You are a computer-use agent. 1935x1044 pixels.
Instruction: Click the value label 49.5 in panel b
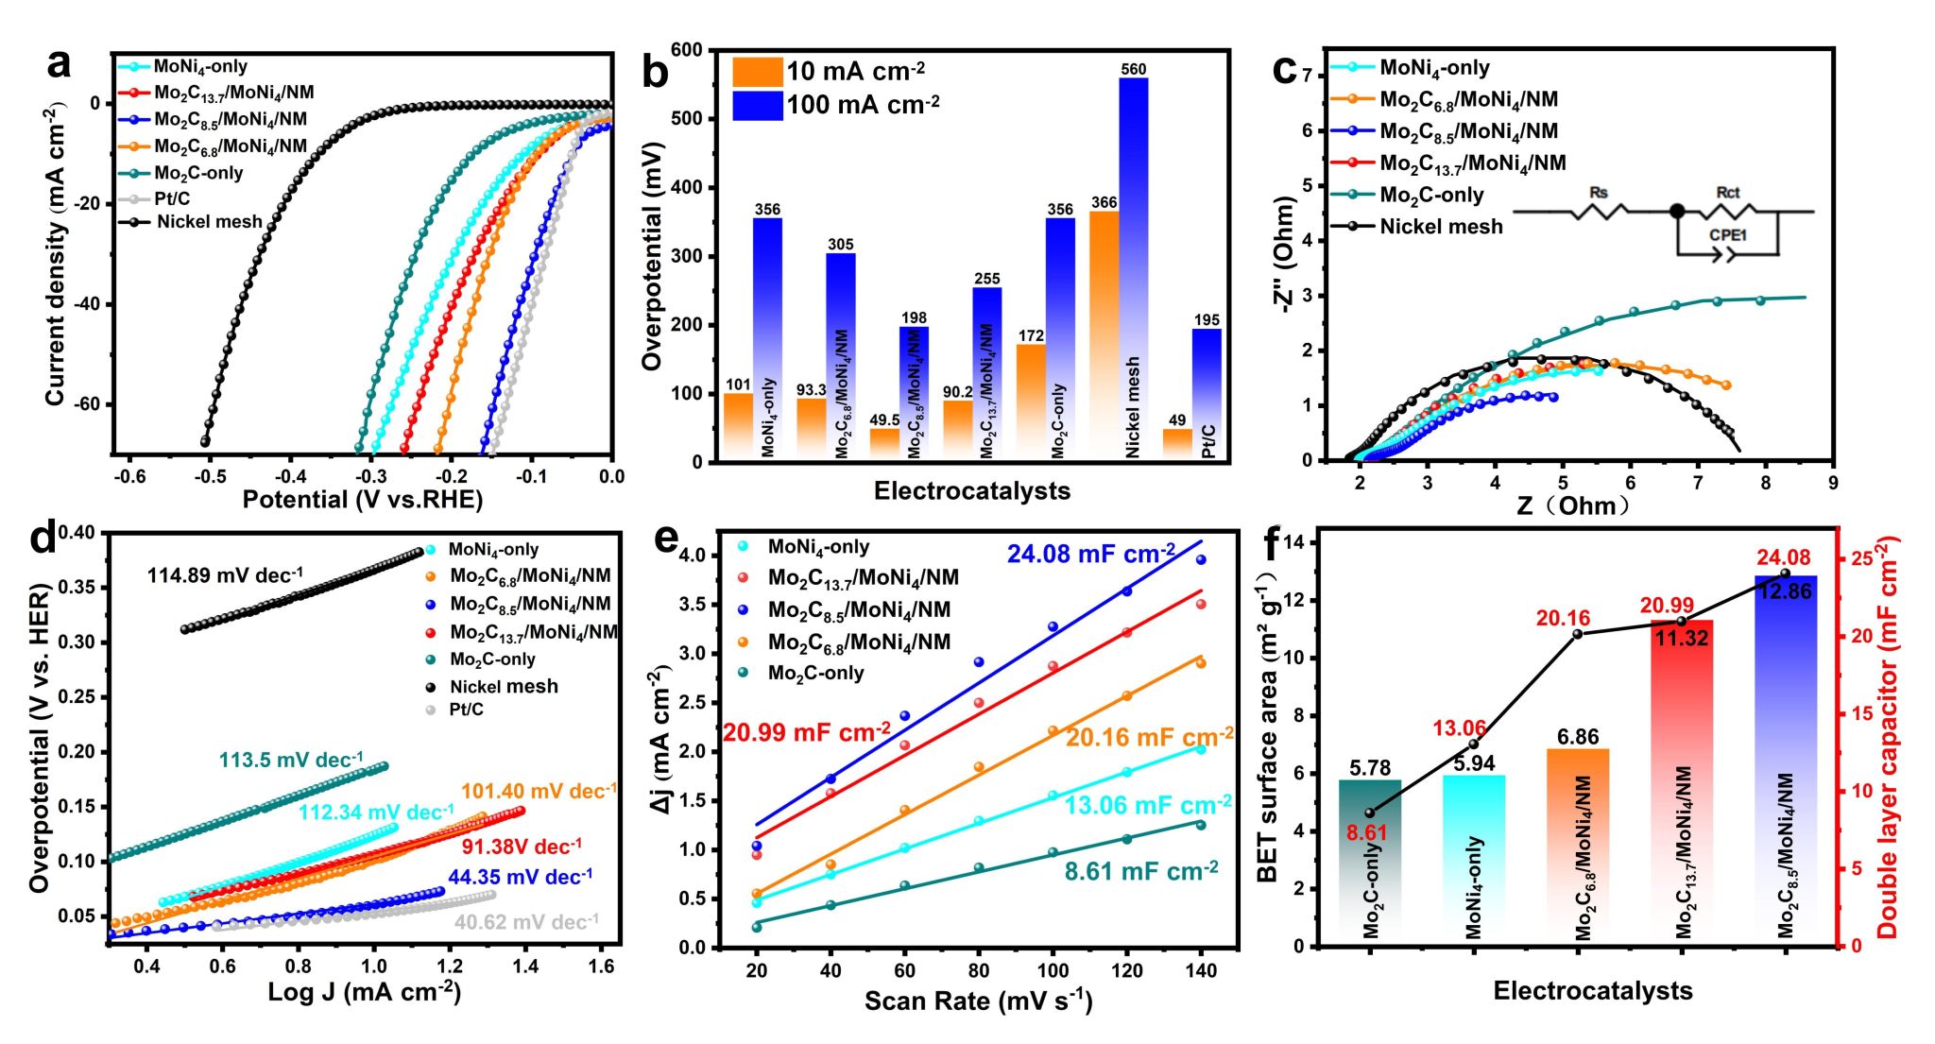tap(884, 419)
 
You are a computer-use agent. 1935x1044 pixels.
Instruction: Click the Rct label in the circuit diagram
tap(1727, 193)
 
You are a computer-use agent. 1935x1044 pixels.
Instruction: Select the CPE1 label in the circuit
tap(1727, 235)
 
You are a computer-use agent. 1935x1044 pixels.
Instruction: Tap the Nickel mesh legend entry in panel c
tap(1440, 227)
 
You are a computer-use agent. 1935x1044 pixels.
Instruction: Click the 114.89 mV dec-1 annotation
tap(225, 575)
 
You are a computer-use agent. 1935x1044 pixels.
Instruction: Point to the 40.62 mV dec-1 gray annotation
tap(526, 922)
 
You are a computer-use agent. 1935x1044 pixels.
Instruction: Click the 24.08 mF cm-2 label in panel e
tap(1090, 555)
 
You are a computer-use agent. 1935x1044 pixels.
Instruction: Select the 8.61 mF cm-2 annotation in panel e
tap(1140, 871)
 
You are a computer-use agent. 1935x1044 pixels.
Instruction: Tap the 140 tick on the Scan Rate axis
tap(1201, 970)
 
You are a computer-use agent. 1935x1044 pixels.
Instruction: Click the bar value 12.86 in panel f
tap(1785, 592)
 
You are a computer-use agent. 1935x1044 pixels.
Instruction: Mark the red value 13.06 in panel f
tap(1459, 728)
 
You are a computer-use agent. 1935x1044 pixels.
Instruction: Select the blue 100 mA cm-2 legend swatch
tap(757, 105)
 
